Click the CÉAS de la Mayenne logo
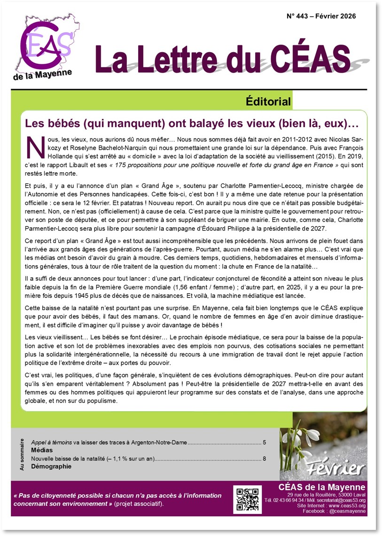pyautogui.click(x=46, y=46)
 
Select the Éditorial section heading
pyautogui.click(x=268, y=101)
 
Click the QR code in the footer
pyautogui.click(x=248, y=498)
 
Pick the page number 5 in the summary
pyautogui.click(x=265, y=443)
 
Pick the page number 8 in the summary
pyautogui.click(x=265, y=459)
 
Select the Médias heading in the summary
pyautogui.click(x=42, y=451)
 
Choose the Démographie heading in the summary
pyautogui.click(x=51, y=467)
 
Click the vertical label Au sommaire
pyautogui.click(x=22, y=454)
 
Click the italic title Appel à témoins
pyautogui.click(x=51, y=443)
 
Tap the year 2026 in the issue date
pyautogui.click(x=346, y=16)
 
